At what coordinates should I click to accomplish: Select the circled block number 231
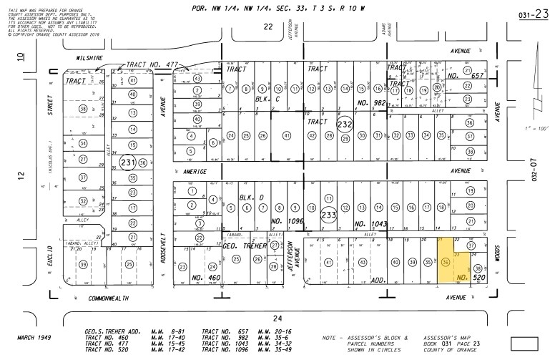coord(128,162)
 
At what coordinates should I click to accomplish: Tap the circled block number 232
coord(345,123)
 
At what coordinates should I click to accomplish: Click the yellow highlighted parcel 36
coord(446,263)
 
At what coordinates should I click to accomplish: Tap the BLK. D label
coord(247,195)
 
